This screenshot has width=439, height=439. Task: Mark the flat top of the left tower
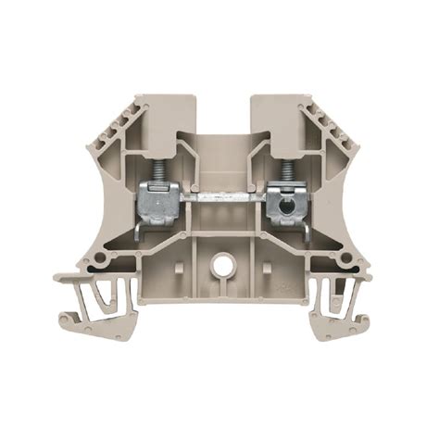[162, 97]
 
